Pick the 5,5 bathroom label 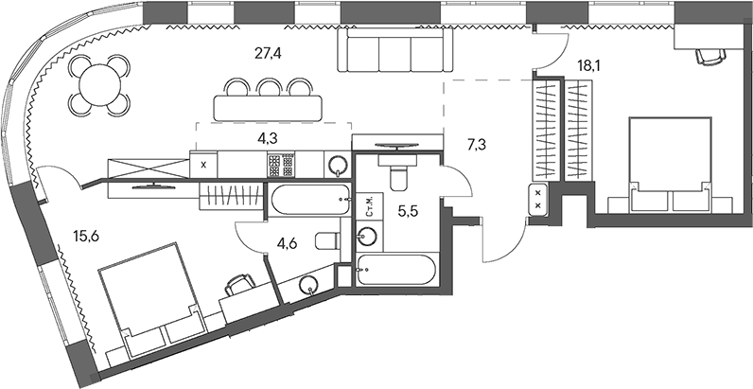(x=407, y=212)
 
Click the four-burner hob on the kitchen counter (x=282, y=166)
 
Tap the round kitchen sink (x=338, y=166)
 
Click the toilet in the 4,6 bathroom (x=324, y=239)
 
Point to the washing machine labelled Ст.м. (x=367, y=207)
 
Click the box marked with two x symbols (x=538, y=200)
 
